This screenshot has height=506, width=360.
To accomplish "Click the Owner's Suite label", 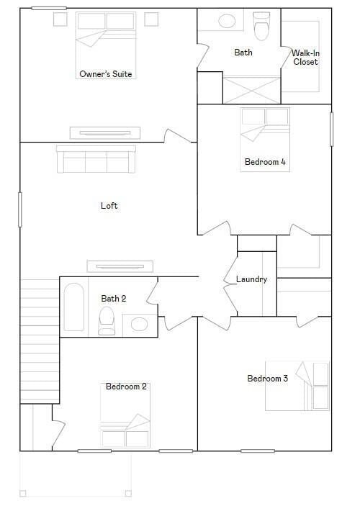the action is coord(106,74).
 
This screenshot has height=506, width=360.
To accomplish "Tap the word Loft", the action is coord(109,206).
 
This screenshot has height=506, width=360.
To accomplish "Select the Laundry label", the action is coord(251,279).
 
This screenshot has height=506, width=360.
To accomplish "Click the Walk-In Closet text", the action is coord(305,57).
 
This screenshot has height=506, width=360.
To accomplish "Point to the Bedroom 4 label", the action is coord(265,162).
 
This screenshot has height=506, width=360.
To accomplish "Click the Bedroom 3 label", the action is coord(267,378).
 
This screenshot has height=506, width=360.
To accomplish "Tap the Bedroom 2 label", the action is coord(126,387).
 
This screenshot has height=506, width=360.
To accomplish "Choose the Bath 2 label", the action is coord(114,299).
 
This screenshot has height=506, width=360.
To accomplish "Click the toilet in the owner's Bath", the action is coord(261,27).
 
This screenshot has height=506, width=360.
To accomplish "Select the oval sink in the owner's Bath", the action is coord(227,22).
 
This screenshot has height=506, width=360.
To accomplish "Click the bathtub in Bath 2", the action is coord(74,307).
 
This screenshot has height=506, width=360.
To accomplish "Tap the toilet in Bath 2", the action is coord(107,321).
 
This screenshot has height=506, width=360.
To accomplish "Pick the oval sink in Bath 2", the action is coord(140,325).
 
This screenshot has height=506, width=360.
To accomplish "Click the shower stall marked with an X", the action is coord(251,90).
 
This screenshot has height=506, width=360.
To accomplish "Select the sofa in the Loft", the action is coord(96,159).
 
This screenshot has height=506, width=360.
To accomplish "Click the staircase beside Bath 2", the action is coord(40,340).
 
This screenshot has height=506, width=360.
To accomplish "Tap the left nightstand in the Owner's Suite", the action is coord(60,19).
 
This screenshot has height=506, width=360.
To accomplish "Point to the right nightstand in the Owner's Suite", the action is coord(151,19).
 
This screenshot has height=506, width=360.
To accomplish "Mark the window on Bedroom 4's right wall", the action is coord(332,129).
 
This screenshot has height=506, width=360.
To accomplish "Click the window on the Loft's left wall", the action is coord(20,209).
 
